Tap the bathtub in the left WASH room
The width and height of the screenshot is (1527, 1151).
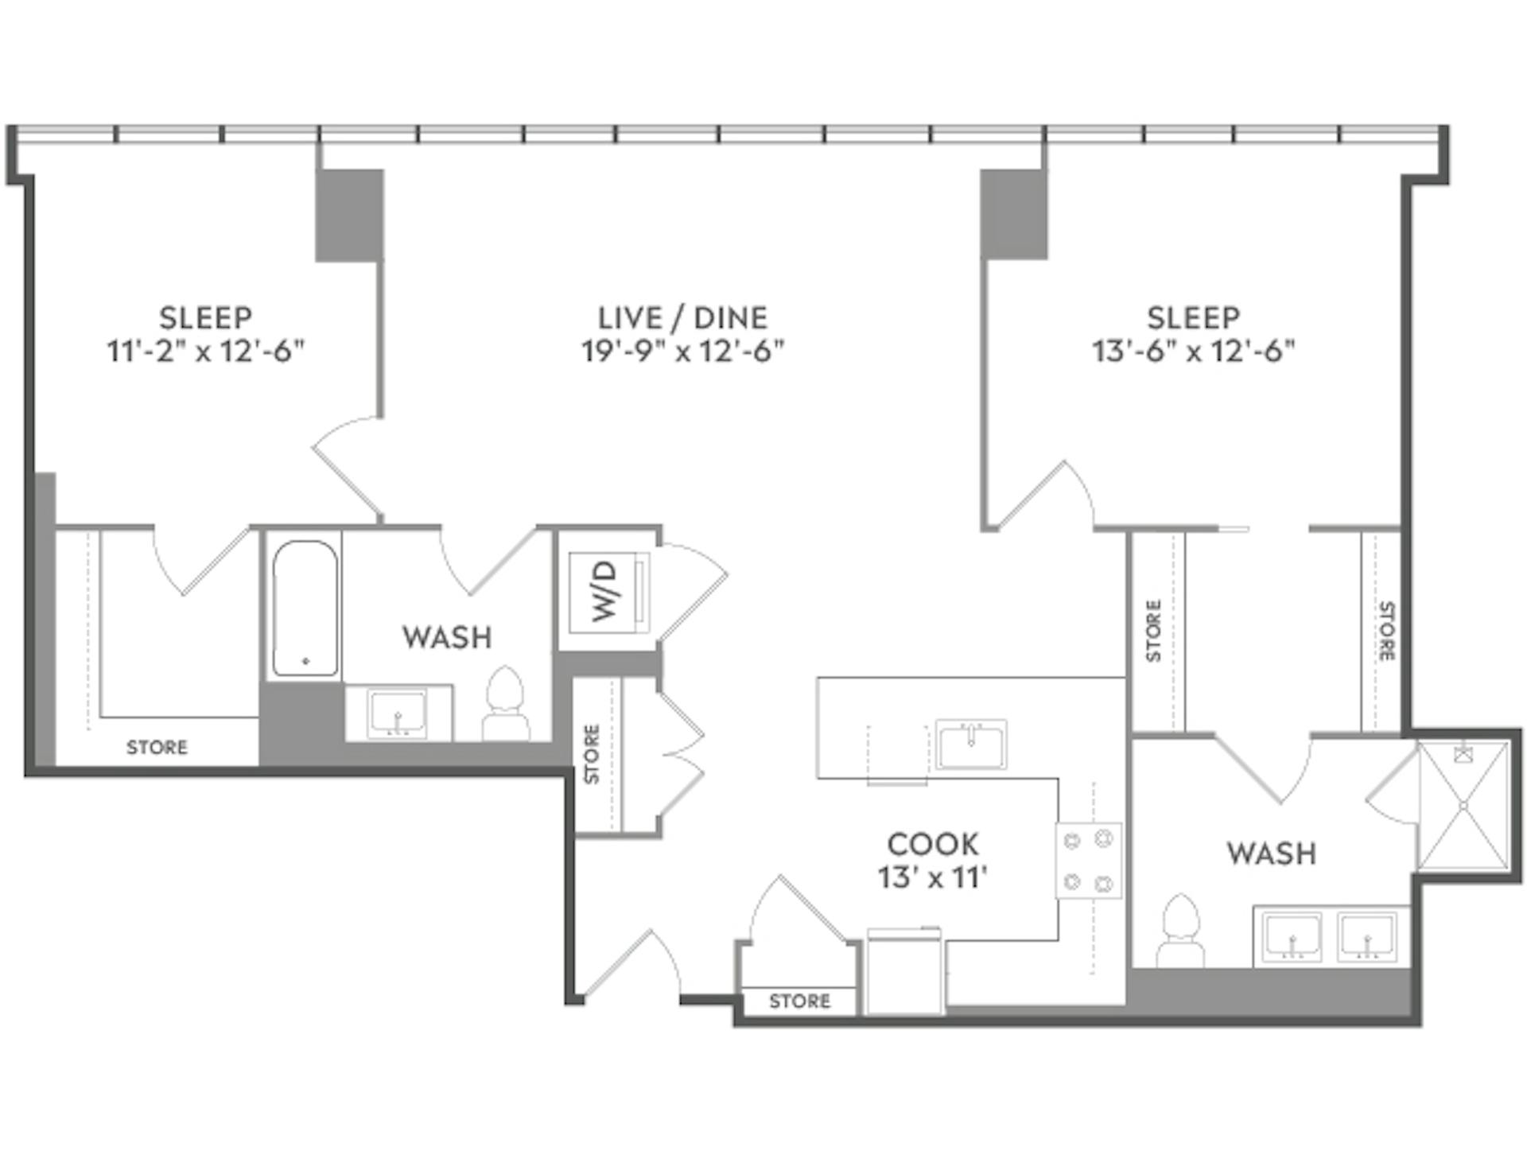[305, 609]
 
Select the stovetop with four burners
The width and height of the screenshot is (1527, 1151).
[1088, 861]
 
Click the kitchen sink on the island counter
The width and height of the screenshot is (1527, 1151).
[970, 745]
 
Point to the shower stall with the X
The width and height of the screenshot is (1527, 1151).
[1463, 805]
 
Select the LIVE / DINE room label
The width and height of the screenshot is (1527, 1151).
[682, 317]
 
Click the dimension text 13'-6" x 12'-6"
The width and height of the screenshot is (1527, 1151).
[1193, 351]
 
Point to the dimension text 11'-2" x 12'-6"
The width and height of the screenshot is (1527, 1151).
[206, 351]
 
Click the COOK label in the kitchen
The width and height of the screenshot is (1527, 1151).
[932, 845]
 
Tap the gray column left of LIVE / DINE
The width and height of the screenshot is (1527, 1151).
[349, 215]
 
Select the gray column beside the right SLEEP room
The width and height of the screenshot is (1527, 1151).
[1013, 214]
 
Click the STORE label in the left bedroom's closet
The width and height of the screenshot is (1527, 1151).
[157, 747]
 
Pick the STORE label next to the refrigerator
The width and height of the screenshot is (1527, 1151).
[799, 1001]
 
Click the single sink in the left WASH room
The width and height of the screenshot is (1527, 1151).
[397, 713]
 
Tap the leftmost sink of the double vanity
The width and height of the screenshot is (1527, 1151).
[1292, 938]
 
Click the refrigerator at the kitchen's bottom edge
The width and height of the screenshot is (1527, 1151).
[904, 972]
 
